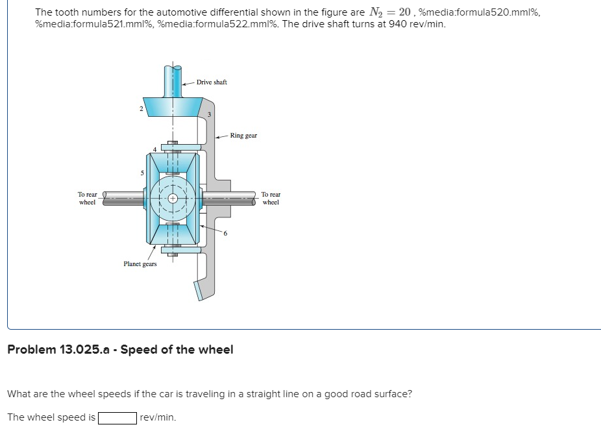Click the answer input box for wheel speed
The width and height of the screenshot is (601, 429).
click(x=117, y=417)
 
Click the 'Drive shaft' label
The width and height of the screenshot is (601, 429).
click(x=212, y=82)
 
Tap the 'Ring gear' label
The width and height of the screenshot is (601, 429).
click(x=244, y=136)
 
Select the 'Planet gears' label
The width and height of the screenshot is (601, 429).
click(x=140, y=264)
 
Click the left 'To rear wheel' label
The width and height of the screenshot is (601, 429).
click(x=87, y=198)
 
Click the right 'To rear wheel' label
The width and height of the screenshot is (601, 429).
click(x=271, y=198)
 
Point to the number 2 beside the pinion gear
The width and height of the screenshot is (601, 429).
click(x=140, y=108)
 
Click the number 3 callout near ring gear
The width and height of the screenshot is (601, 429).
click(x=209, y=115)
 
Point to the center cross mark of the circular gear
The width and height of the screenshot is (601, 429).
click(x=172, y=199)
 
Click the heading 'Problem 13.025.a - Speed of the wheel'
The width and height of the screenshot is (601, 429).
click(x=120, y=350)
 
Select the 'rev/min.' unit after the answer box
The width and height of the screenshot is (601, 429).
click(x=158, y=417)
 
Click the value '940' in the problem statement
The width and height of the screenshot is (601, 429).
click(x=397, y=23)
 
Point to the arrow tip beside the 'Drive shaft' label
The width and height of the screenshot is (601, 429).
click(x=184, y=84)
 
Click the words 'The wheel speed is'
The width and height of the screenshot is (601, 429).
click(x=51, y=417)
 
